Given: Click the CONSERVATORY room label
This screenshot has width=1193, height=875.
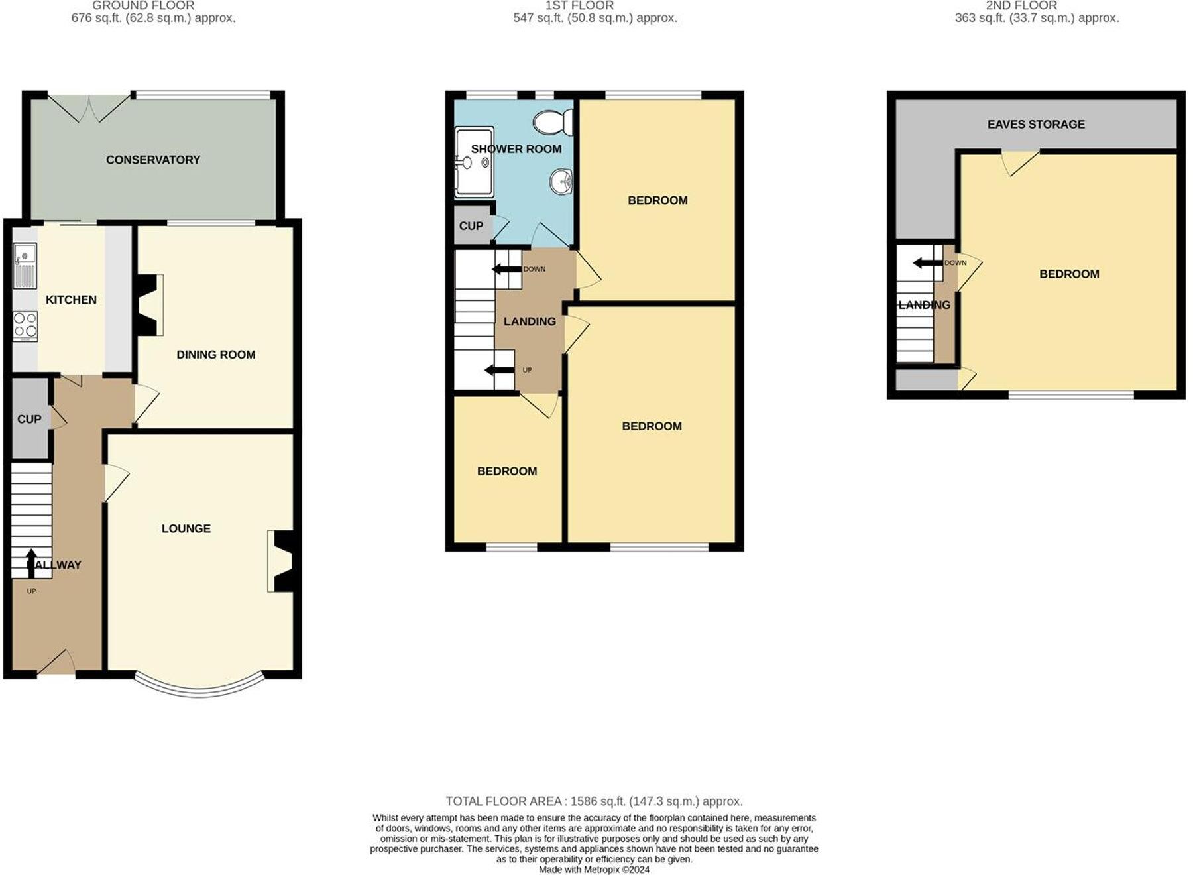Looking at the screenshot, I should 153,160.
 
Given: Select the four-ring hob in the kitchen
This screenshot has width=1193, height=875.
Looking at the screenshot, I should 25,325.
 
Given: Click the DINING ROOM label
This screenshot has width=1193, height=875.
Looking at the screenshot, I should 215,355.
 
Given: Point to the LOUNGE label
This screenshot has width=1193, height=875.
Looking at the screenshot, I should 186,528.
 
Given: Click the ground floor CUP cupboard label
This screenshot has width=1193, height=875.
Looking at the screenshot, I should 29,419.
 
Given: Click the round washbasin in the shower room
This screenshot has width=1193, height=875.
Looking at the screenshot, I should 562,180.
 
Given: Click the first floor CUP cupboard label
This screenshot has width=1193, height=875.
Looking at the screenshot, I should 471,226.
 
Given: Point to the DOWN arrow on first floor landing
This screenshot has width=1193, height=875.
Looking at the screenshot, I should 506,269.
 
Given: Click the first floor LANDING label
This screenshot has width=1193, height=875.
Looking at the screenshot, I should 529,321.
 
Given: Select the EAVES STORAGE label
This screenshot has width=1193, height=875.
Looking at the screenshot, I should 1035,124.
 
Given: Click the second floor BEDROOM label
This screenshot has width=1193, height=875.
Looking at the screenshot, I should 1068,274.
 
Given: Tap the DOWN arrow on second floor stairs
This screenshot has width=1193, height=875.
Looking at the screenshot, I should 928,263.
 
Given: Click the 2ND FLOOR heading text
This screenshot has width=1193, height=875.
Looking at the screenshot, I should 1021,6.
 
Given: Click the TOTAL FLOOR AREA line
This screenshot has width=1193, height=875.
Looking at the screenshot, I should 593,801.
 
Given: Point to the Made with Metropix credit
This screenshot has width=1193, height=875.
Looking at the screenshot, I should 593,869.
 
